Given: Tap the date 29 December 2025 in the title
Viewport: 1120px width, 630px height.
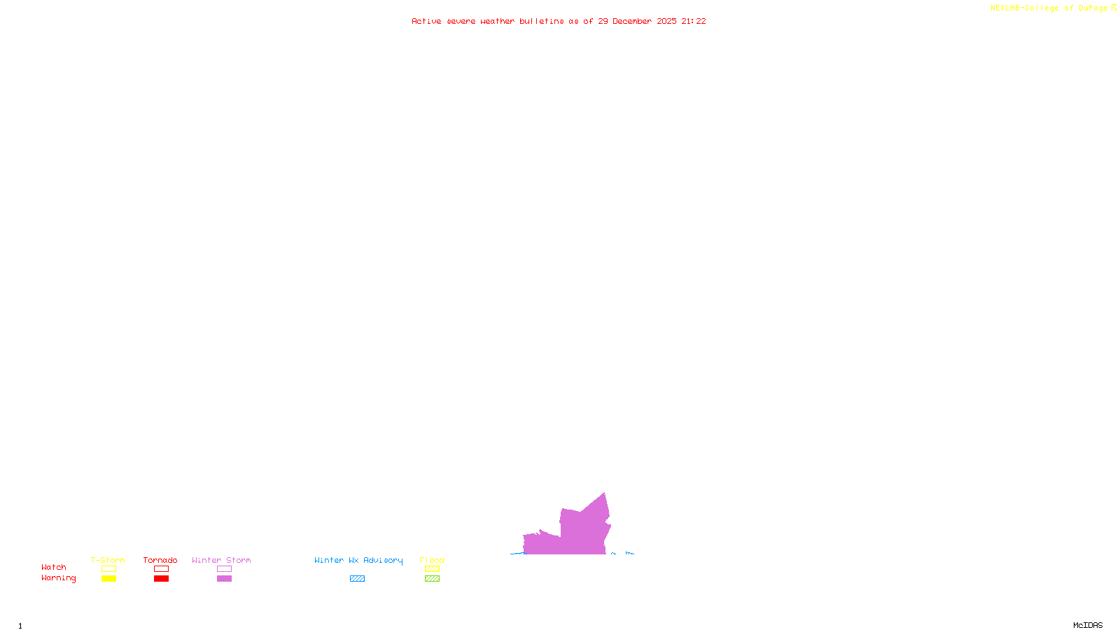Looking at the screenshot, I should click(x=637, y=21).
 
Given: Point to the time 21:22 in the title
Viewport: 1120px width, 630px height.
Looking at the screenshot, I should click(x=694, y=21).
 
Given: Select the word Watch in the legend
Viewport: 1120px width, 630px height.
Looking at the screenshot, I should click(x=54, y=567).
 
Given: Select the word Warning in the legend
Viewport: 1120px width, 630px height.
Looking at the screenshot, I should click(x=58, y=578).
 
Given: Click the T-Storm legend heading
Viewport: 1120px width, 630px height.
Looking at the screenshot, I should click(x=108, y=560).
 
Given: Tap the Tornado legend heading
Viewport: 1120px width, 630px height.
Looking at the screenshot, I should click(x=160, y=560).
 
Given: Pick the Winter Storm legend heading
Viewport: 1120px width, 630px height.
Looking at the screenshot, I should click(x=221, y=560).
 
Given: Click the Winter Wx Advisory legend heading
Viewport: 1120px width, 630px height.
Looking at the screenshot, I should click(x=358, y=560).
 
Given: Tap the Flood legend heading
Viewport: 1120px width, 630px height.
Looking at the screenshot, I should click(x=432, y=560).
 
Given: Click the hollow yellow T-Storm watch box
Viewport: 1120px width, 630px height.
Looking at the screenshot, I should click(x=108, y=569).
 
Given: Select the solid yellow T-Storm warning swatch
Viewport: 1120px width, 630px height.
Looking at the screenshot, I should click(x=108, y=579).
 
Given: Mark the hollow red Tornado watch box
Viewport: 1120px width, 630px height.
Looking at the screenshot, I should click(x=161, y=569).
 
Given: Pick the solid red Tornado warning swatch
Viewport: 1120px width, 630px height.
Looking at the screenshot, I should click(x=161, y=579).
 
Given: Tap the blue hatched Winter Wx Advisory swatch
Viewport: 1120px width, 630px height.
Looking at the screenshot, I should click(x=357, y=579).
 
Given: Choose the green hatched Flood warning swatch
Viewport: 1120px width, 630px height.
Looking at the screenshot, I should click(x=432, y=579).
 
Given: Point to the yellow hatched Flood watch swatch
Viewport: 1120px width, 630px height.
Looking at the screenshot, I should click(x=432, y=569).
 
